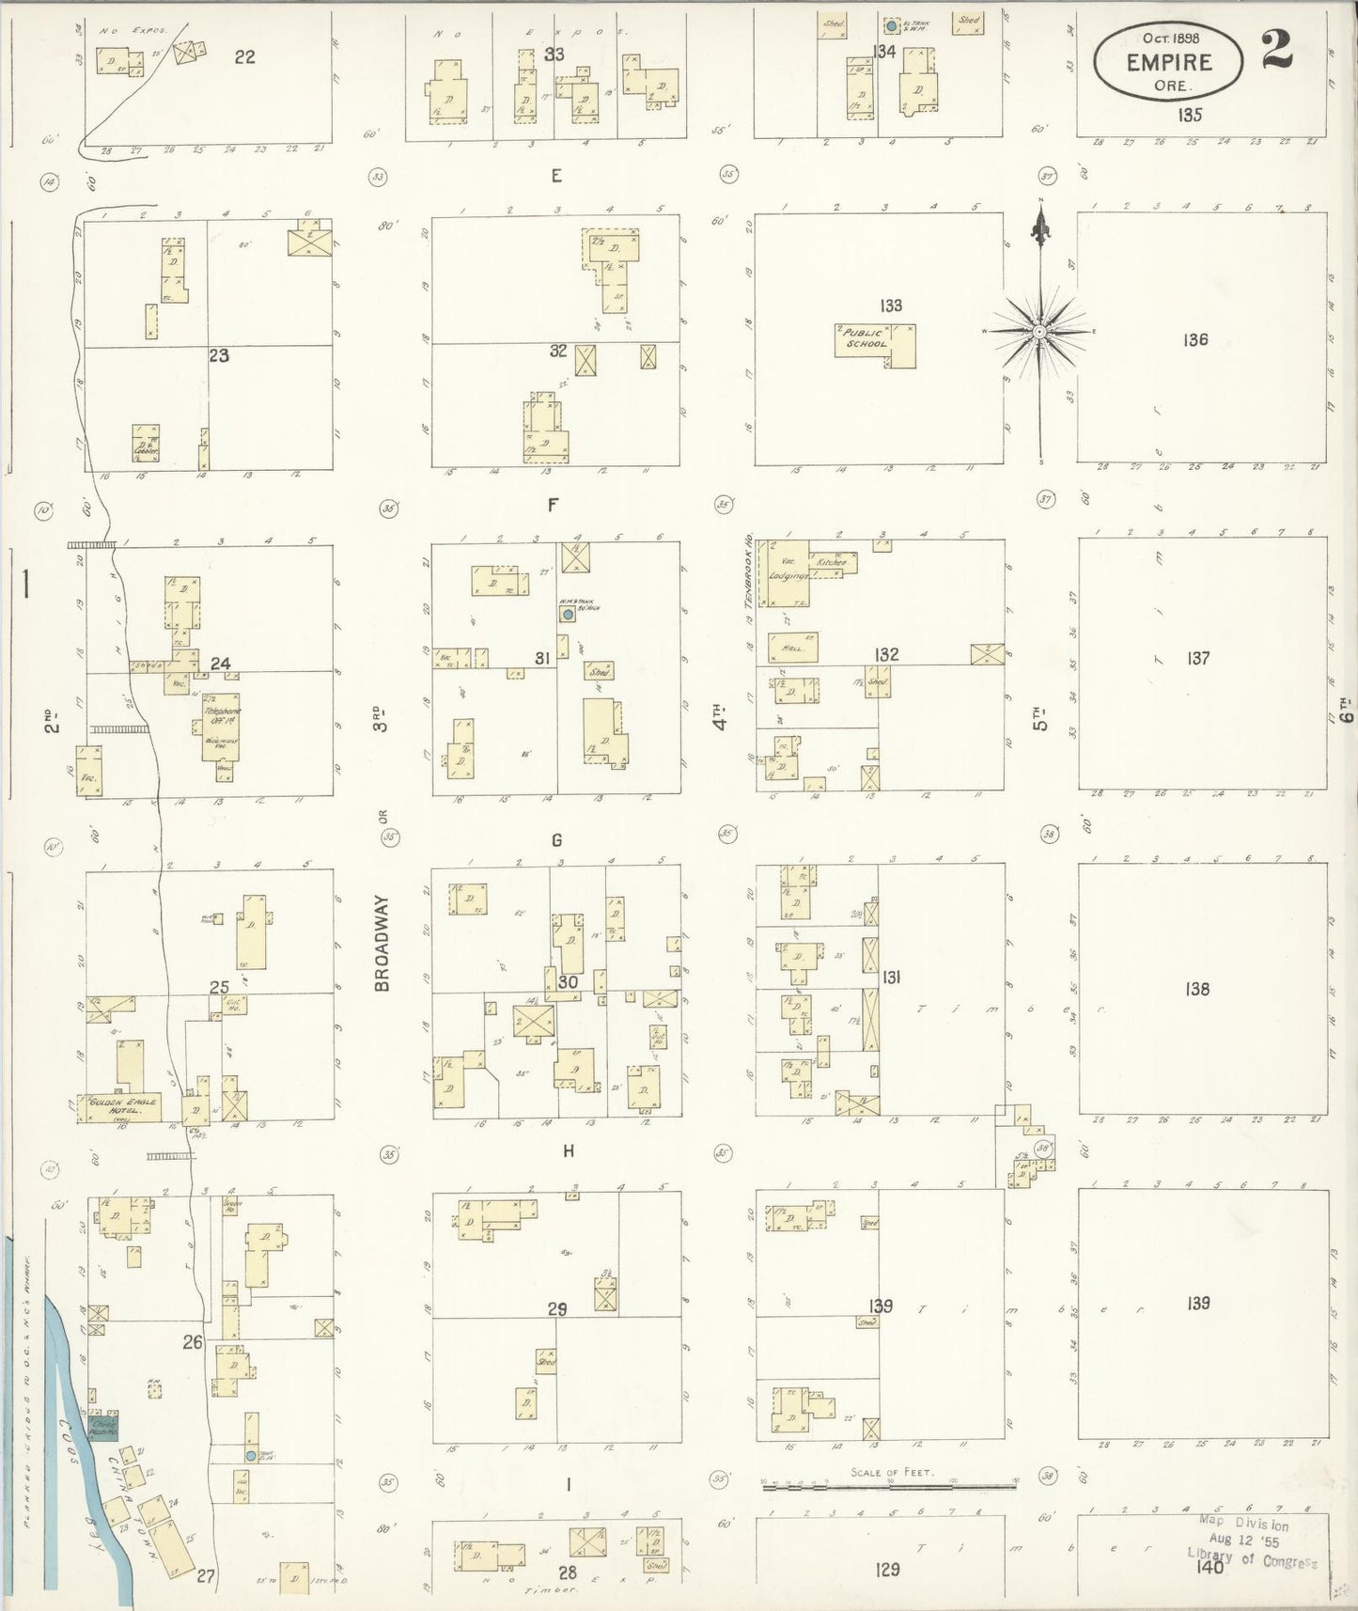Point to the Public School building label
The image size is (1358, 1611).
pyautogui.click(x=864, y=337)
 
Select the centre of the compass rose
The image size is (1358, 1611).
pyautogui.click(x=1040, y=332)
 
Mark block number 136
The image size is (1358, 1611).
pyautogui.click(x=1195, y=340)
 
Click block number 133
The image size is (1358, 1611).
pyautogui.click(x=891, y=305)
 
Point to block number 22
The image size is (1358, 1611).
pyautogui.click(x=244, y=57)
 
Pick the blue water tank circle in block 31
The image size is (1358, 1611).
pyautogui.click(x=567, y=615)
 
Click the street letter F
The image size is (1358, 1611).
pyautogui.click(x=554, y=506)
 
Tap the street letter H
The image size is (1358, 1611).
pyautogui.click(x=568, y=1151)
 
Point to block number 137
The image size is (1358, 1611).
pyautogui.click(x=1197, y=659)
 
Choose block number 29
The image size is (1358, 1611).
pyautogui.click(x=557, y=1309)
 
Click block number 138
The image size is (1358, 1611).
pyautogui.click(x=1197, y=989)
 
